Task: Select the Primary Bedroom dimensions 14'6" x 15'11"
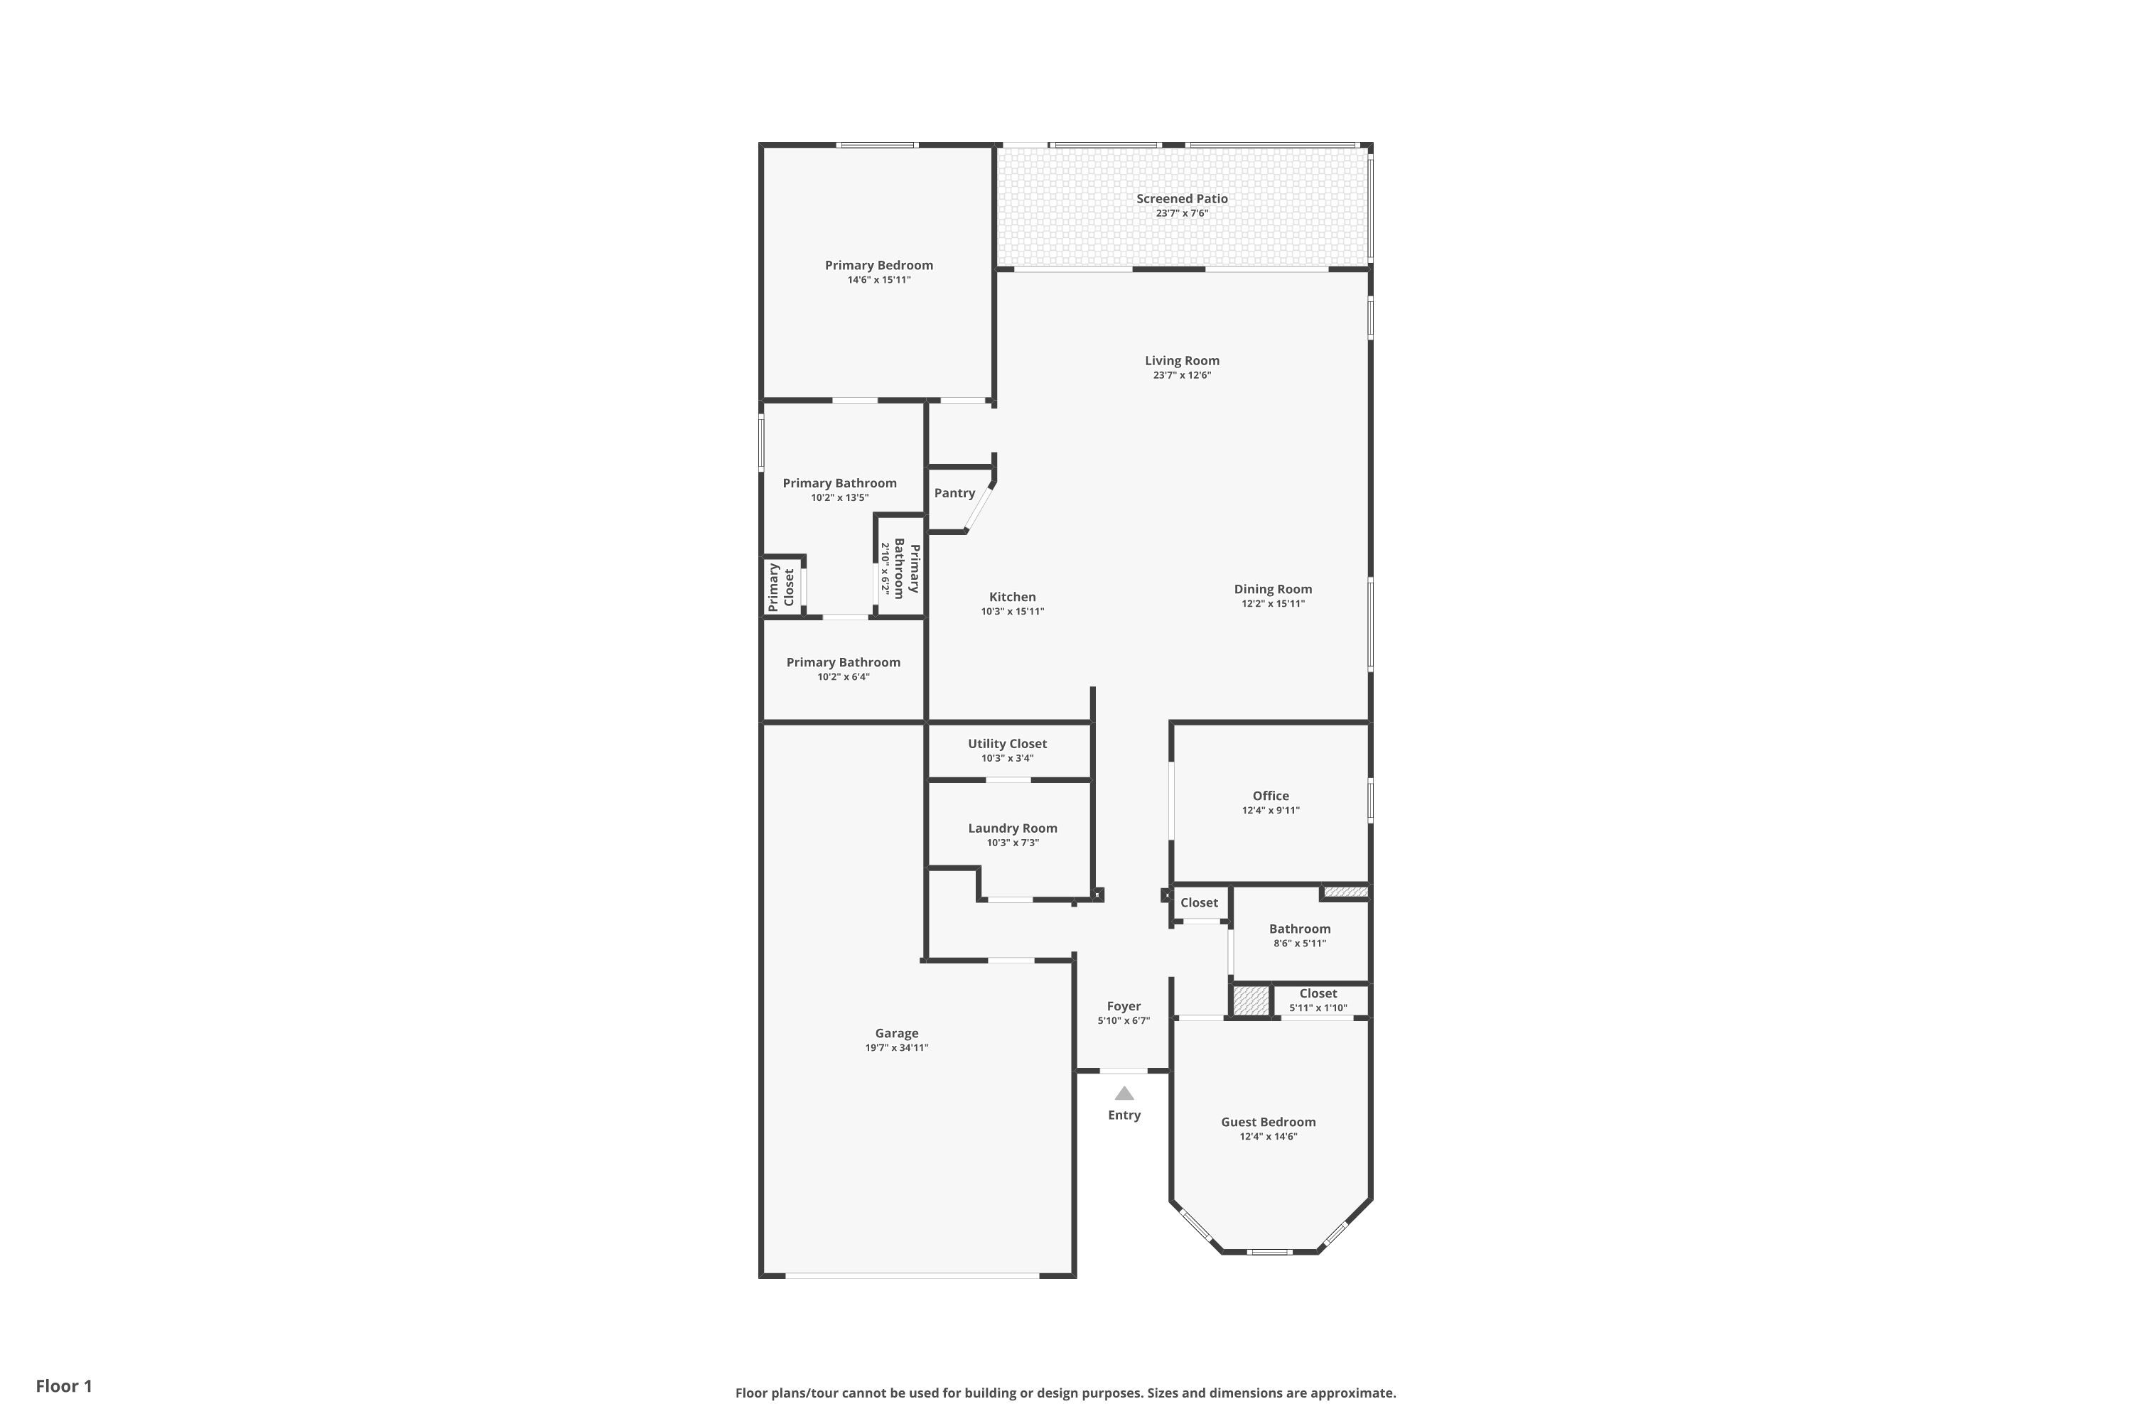[879, 280]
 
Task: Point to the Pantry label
[954, 493]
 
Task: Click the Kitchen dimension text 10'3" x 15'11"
[1013, 612]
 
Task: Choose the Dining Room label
[1273, 589]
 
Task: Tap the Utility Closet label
[1007, 744]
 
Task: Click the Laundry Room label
[1013, 828]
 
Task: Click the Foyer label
[1124, 1006]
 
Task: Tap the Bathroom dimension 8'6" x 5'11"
[1300, 944]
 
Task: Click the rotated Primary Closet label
[781, 588]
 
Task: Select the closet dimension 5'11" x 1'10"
[1318, 1007]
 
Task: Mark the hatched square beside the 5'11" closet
[1251, 1001]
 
